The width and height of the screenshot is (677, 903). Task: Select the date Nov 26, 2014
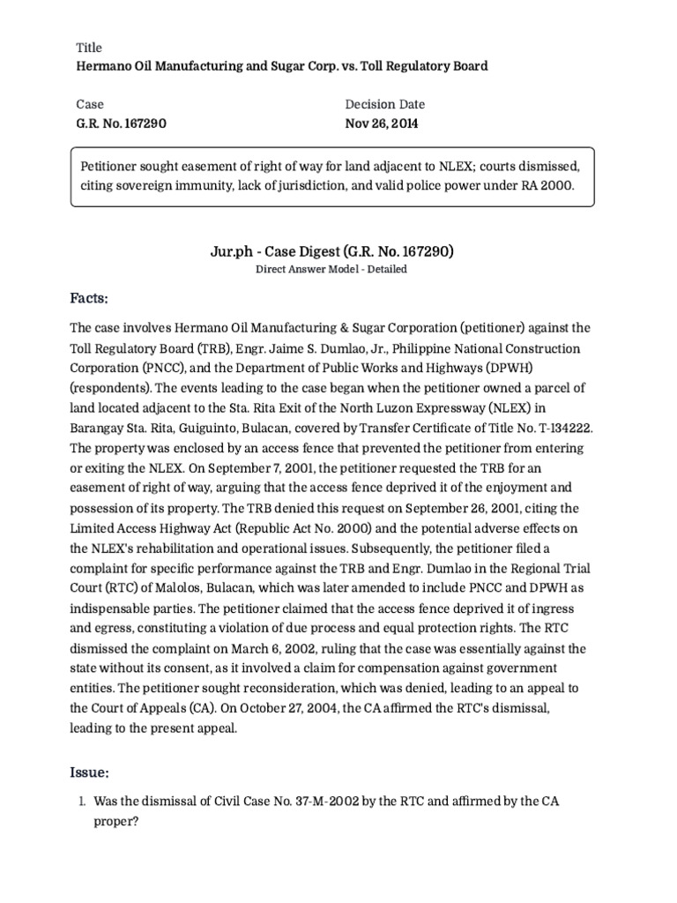coord(382,123)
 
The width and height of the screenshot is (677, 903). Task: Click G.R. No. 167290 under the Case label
coord(121,123)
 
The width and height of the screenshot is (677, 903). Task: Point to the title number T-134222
coord(562,427)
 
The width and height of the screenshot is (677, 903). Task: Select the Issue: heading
coord(90,772)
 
